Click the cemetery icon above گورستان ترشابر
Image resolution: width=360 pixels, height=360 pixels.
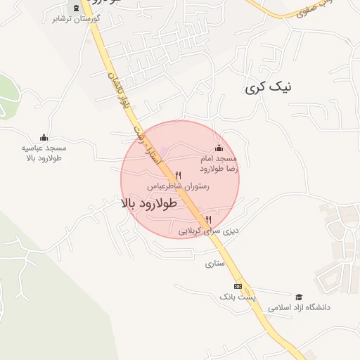[76, 8]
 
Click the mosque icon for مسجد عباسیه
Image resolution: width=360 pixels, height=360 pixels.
[44, 138]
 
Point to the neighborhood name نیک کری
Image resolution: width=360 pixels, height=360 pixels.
[269, 88]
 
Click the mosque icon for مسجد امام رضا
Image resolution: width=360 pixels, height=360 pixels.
[219, 148]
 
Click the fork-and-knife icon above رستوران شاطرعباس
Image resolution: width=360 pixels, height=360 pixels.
[178, 175]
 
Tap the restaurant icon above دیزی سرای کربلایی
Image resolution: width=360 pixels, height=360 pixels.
[208, 219]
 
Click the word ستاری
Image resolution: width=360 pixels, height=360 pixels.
[214, 264]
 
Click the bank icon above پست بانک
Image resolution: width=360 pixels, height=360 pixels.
[238, 286]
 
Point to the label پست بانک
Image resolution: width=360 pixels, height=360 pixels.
[238, 297]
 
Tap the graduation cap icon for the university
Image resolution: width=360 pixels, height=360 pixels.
[299, 297]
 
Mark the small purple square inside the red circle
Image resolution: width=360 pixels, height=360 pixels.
[164, 151]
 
